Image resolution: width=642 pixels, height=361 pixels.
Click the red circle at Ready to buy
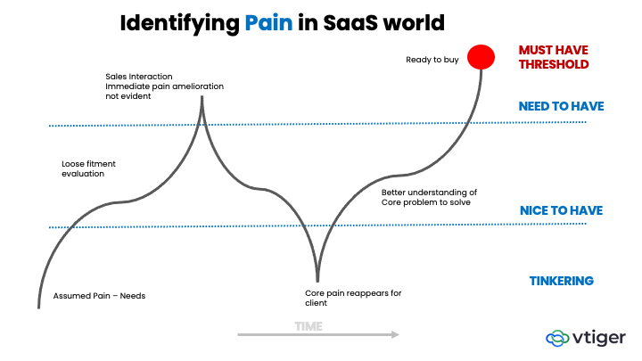coord(481,57)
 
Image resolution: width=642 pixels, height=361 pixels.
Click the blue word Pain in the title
coord(271,23)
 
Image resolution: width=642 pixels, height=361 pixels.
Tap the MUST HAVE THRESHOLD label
coord(554,57)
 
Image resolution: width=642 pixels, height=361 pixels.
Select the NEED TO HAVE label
coord(561,106)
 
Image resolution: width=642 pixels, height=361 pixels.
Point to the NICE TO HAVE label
coord(562,211)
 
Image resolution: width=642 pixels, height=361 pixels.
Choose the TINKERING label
coord(561,281)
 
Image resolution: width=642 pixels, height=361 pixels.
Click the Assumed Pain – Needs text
coord(99,295)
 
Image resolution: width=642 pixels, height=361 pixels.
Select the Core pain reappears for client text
coord(353,298)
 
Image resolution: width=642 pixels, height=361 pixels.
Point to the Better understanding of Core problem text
coord(430,197)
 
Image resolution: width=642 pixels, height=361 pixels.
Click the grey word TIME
coord(309,326)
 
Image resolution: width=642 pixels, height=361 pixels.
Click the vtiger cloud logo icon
coord(558,338)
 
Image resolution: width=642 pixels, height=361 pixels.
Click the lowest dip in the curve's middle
coord(317,279)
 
